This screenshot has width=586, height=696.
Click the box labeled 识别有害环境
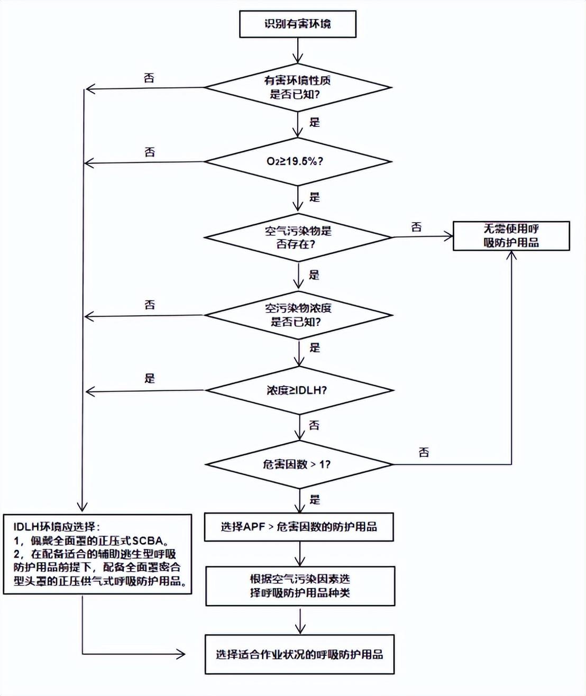(x=297, y=24)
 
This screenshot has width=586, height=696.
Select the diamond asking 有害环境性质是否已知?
(x=298, y=87)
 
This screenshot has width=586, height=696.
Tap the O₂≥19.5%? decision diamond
(x=298, y=161)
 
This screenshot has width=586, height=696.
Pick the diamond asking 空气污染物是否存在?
(x=298, y=237)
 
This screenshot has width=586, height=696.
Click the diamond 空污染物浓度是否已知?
(x=298, y=315)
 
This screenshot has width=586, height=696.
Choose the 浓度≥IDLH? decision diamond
(x=299, y=390)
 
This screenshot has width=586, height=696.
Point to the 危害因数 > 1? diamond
(x=299, y=464)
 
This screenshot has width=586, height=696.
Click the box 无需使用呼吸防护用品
(x=511, y=236)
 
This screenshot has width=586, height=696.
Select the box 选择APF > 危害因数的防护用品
(x=299, y=527)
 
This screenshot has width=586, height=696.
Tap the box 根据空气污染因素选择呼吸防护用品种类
(x=300, y=586)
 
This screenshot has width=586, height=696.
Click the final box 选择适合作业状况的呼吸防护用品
(x=299, y=654)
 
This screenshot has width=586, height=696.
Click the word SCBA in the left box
(x=149, y=541)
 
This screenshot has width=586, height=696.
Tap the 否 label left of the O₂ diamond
(x=150, y=152)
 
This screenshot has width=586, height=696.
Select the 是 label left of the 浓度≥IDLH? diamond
(x=150, y=379)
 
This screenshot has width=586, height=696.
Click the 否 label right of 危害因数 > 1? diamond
(x=424, y=453)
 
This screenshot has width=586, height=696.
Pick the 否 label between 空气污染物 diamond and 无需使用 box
(x=417, y=227)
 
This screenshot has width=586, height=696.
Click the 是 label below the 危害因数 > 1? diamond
(x=315, y=500)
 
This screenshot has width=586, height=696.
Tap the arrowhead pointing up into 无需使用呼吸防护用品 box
(x=511, y=255)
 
